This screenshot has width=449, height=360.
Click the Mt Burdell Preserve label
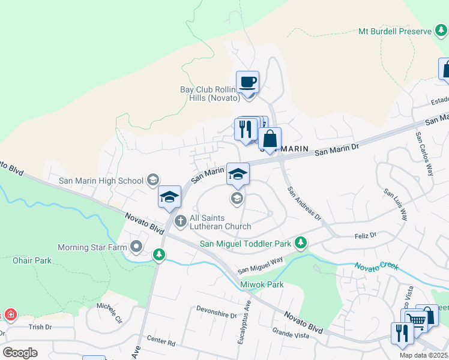394,31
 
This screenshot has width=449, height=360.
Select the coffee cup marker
247,82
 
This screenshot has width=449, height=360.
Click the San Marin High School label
101,181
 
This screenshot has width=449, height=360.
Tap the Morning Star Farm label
93,247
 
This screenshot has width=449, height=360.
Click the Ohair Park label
32,260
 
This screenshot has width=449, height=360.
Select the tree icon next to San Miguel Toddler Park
301,243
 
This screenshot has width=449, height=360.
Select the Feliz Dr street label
364,236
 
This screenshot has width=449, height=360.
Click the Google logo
20,352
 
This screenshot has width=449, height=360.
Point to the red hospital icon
10,315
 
